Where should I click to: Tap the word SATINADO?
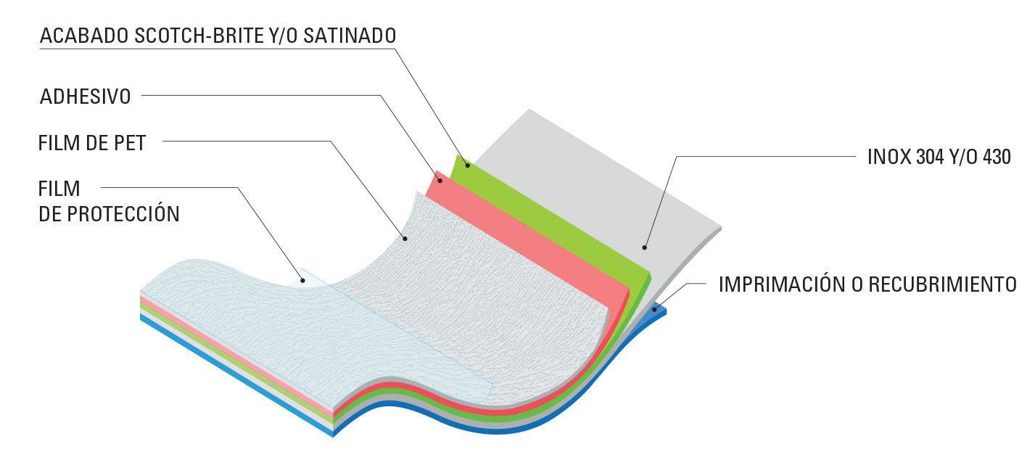coord(350,36)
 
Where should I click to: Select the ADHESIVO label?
coord(85,97)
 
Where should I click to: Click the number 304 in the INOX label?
coord(930,157)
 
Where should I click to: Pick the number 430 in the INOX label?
coord(997,157)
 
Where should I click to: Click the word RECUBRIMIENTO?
coord(943,284)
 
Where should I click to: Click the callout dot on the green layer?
coord(468,165)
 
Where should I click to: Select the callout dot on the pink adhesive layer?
coord(440,180)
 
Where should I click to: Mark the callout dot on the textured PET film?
coord(405,239)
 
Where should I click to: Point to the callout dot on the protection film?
coord(302,280)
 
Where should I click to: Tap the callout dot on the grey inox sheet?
coord(644,247)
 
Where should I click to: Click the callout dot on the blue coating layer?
coord(654,309)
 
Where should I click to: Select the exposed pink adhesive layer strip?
coord(527,236)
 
